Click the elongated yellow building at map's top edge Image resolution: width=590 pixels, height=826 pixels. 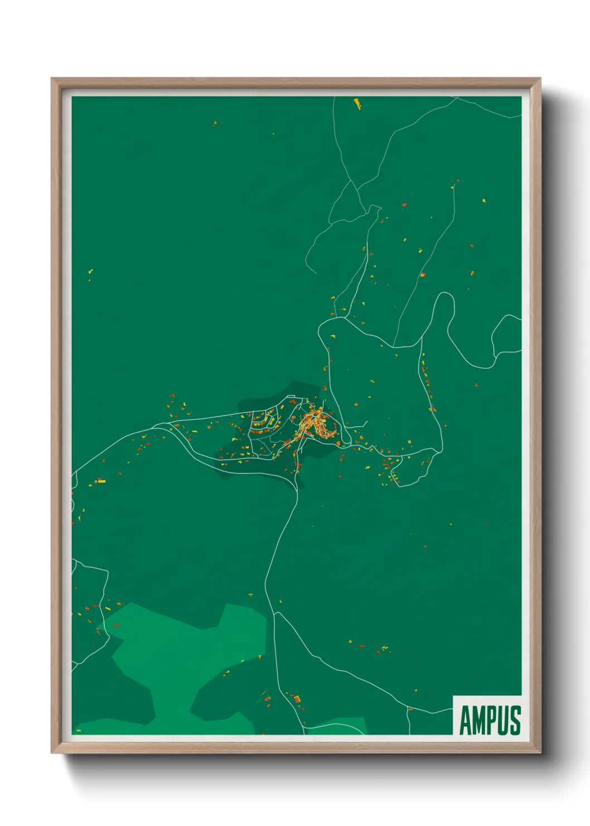point(357,103)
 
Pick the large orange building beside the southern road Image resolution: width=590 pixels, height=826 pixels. point(297,699)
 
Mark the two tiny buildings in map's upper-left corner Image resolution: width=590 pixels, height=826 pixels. point(215,123)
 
